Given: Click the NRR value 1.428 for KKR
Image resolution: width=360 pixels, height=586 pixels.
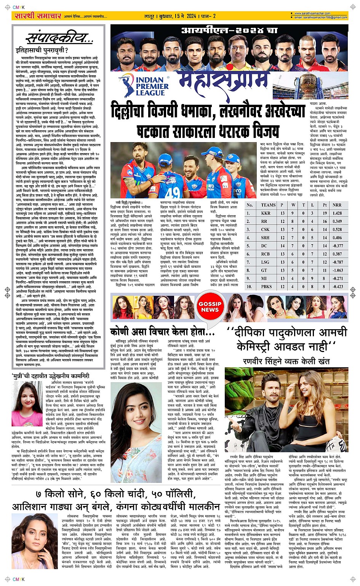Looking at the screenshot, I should pos(337,213).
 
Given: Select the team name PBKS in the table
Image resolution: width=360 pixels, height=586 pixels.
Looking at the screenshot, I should pos(266,286).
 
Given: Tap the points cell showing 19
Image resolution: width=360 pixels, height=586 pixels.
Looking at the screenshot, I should pos(325,213).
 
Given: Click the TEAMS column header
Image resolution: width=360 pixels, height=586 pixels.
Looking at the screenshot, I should pos(268,205).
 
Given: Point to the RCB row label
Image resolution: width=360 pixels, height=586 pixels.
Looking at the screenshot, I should pos(266,254).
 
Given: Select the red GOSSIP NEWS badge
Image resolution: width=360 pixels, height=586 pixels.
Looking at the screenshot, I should pos(210,307).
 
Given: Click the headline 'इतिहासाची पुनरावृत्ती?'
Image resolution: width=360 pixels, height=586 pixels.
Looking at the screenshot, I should pos(42,50).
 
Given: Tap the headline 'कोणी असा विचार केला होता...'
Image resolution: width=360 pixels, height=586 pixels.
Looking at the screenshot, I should pos(163,332).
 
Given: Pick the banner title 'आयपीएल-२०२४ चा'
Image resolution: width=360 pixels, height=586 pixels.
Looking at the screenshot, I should pos(229,30).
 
